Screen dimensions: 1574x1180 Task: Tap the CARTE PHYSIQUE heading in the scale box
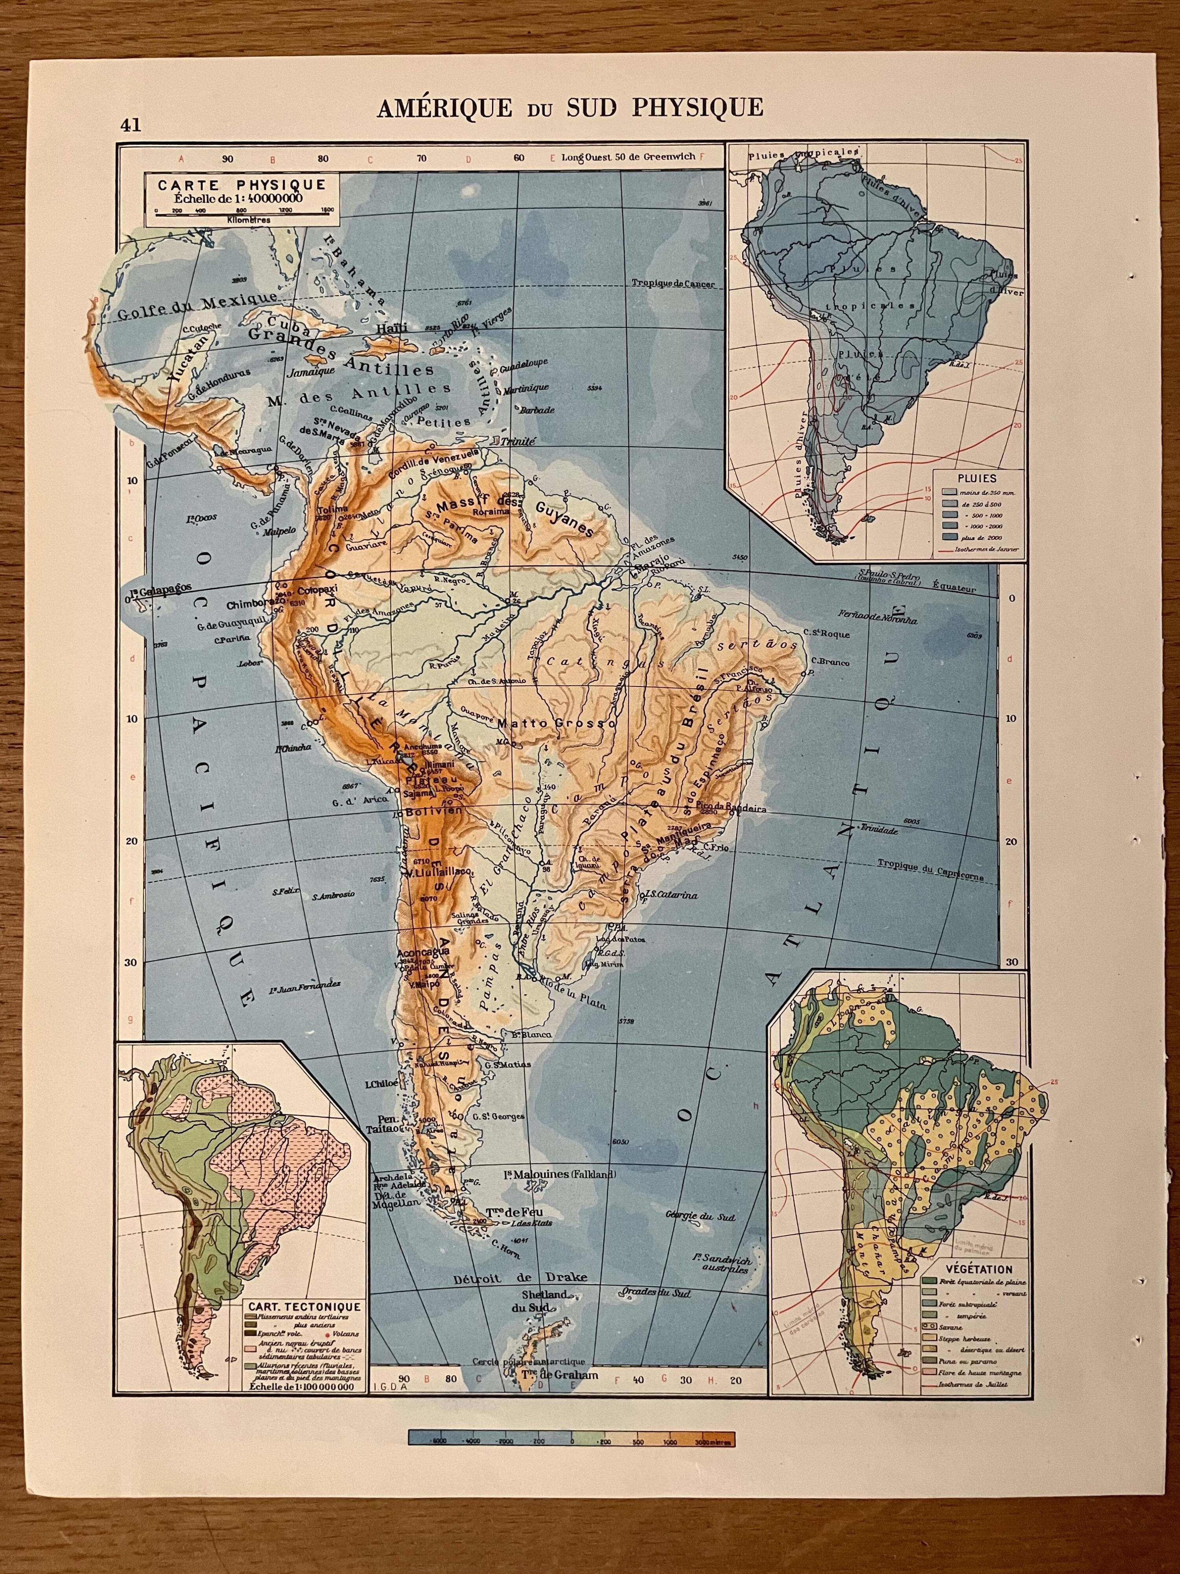242,184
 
